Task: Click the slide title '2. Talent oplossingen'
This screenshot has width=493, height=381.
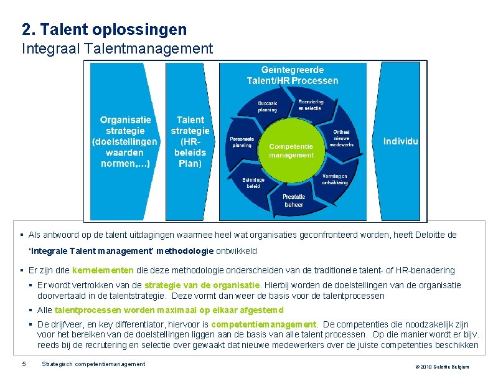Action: [x=104, y=29]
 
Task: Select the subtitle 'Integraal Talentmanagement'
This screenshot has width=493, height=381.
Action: [x=117, y=48]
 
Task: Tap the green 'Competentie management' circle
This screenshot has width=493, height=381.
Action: [x=291, y=151]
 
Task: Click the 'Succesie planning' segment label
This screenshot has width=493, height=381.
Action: [x=268, y=106]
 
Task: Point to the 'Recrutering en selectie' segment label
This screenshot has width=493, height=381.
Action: [x=311, y=105]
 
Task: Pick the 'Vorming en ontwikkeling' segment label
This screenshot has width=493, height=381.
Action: [x=335, y=179]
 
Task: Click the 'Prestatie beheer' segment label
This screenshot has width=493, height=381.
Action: [x=294, y=200]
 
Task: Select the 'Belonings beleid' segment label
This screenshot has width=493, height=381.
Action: [x=253, y=182]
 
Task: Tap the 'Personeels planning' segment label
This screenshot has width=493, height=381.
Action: [x=241, y=142]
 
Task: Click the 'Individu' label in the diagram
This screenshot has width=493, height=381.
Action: [x=401, y=141]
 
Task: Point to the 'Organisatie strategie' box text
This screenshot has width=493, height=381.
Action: [x=125, y=141]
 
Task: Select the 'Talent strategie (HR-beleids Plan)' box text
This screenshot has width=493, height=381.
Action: [x=190, y=141]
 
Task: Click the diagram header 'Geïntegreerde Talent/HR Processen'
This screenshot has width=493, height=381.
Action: [x=292, y=75]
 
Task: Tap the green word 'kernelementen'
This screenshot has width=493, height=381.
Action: [x=103, y=271]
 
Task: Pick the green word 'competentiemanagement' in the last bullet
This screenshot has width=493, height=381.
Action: [x=264, y=324]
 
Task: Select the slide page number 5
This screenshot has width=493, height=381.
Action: [x=24, y=364]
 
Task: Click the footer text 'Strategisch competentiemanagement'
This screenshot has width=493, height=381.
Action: [x=93, y=364]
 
